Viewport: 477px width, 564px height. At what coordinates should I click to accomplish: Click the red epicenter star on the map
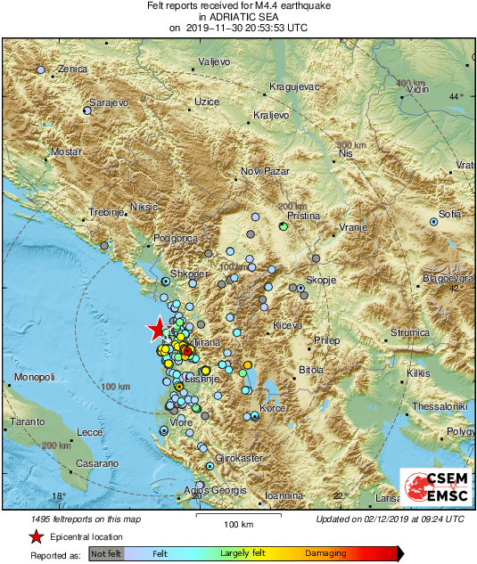157,330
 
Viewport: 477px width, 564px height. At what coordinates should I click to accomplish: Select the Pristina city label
300,216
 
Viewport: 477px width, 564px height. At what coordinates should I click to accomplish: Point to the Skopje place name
320,280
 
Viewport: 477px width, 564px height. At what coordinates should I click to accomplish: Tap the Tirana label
206,342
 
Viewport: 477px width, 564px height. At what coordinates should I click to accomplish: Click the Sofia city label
449,215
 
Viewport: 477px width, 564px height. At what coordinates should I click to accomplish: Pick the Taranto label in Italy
28,420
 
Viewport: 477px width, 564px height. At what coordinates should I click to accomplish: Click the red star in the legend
36,536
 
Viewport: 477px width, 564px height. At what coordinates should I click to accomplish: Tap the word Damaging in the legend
325,553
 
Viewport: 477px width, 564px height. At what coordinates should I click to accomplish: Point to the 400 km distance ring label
409,83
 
